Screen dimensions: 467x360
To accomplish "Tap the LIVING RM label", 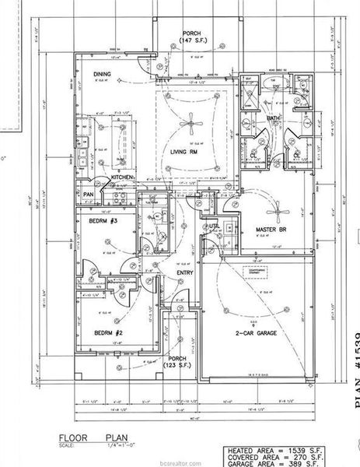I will (x=185, y=153).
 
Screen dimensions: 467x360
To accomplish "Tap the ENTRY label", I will (x=184, y=272).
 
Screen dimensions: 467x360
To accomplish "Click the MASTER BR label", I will (x=272, y=230).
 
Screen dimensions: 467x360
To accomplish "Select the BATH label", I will (x=273, y=118).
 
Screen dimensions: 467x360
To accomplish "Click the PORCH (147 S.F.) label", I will (x=191, y=35).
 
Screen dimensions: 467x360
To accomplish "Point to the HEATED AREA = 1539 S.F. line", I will (x=288, y=451).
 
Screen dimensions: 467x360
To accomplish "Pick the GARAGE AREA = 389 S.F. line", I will (x=288, y=462).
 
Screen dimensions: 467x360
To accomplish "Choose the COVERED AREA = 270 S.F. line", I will (x=288, y=457).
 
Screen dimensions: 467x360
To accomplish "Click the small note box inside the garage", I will (x=255, y=272).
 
